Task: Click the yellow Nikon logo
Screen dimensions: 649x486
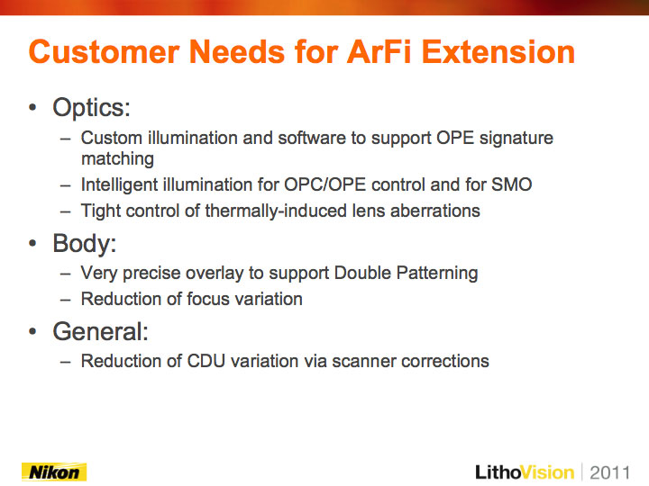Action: [x=54, y=472]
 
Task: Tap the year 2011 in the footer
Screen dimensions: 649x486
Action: [x=609, y=472]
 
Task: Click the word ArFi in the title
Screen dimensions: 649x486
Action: [x=379, y=52]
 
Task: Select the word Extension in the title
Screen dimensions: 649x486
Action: [x=498, y=52]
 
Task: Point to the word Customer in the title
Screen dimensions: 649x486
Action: [x=104, y=52]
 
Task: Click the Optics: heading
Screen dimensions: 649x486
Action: [x=91, y=108]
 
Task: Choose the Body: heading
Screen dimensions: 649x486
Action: [x=85, y=243]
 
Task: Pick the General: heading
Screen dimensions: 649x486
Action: [x=101, y=331]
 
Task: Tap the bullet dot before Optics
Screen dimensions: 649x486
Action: [x=32, y=108]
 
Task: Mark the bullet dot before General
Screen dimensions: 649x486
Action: [x=32, y=331]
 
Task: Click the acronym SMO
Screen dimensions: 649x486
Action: [x=512, y=184]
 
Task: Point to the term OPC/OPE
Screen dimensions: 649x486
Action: [x=324, y=184]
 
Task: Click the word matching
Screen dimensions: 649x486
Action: [x=117, y=158]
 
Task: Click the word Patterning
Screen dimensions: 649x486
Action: [x=437, y=274]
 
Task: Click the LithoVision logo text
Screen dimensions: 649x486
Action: [x=525, y=472]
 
